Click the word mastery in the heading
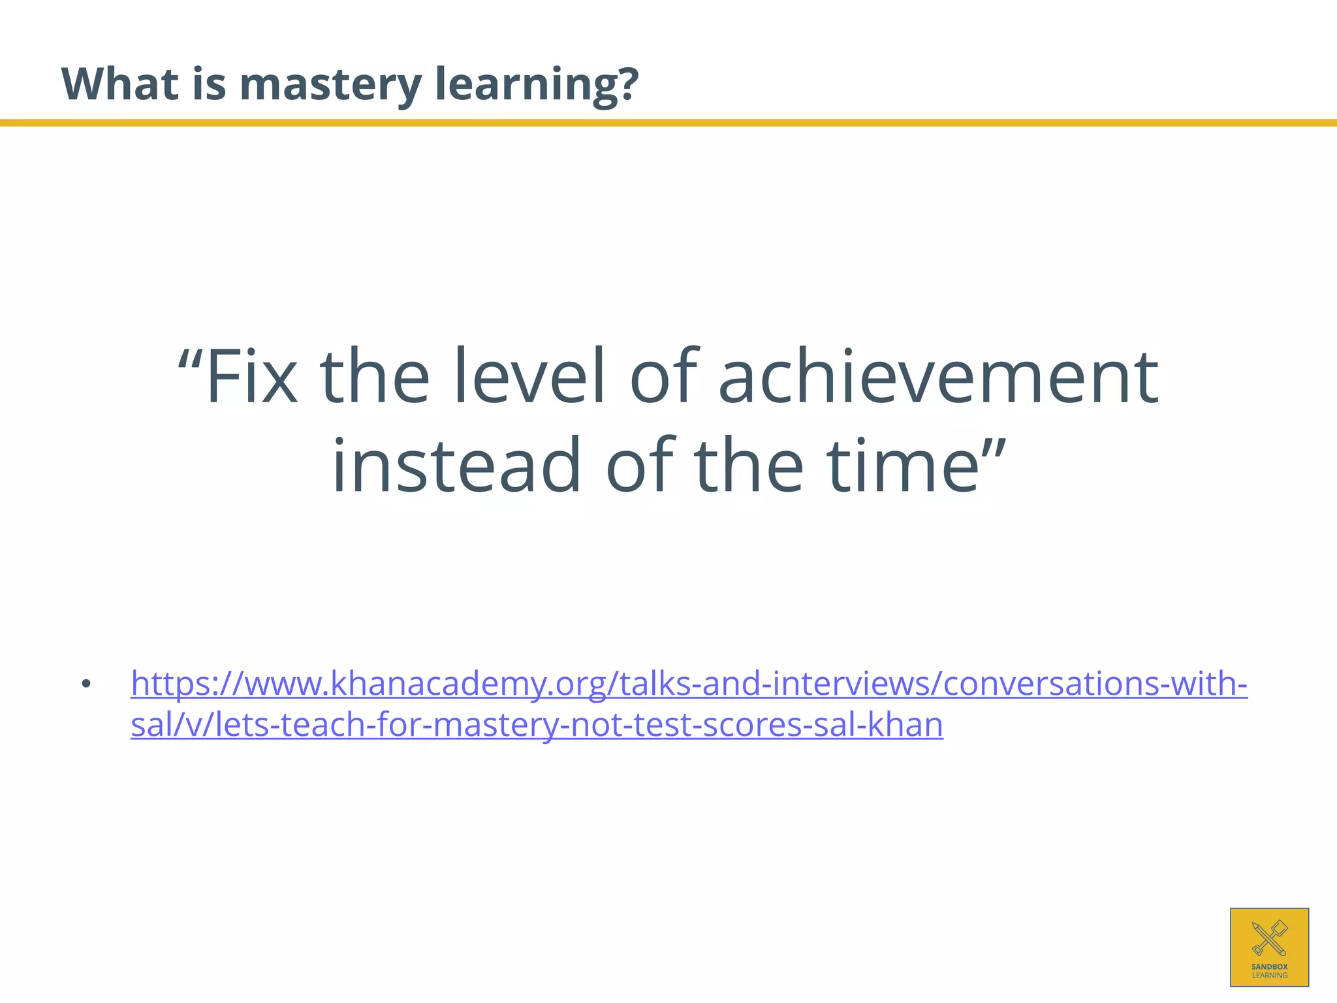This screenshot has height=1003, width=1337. [330, 85]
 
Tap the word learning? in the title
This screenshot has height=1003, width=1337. [536, 85]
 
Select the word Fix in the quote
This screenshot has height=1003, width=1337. [251, 377]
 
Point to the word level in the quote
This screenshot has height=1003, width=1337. [538, 377]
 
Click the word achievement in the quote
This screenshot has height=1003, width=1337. [937, 377]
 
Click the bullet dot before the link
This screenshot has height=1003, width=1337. [86, 685]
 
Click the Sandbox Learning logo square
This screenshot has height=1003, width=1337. [1269, 947]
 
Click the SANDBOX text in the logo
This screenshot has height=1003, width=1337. [1269, 966]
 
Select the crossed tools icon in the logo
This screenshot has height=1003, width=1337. [1269, 938]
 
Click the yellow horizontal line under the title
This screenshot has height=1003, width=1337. [668, 123]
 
